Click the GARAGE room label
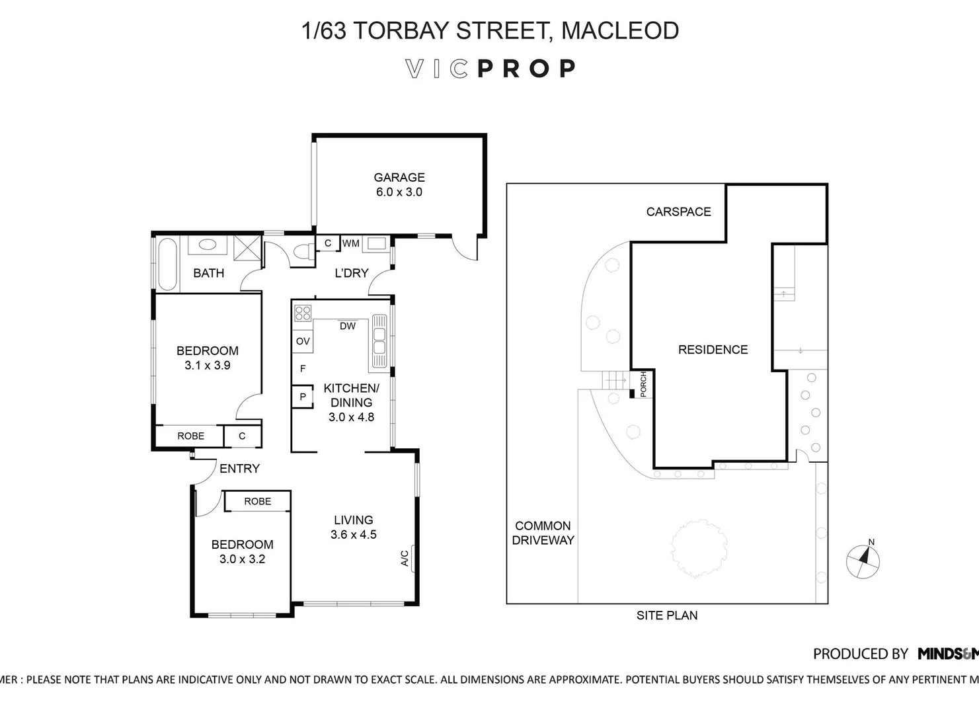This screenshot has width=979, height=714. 399,177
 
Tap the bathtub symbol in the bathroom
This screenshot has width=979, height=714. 167,263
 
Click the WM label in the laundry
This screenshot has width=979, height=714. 351,243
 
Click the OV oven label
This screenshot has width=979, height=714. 303,341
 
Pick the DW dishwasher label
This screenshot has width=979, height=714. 348,326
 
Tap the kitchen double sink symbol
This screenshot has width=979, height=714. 379,340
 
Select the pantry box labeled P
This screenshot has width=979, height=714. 303,397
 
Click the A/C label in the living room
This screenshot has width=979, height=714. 405,559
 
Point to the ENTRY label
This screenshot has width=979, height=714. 239,468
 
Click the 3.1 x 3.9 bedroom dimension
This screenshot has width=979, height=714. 207,365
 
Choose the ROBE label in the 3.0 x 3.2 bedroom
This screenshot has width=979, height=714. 257,501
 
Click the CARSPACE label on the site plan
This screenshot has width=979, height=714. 678,212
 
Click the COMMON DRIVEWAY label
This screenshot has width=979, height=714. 543,533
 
